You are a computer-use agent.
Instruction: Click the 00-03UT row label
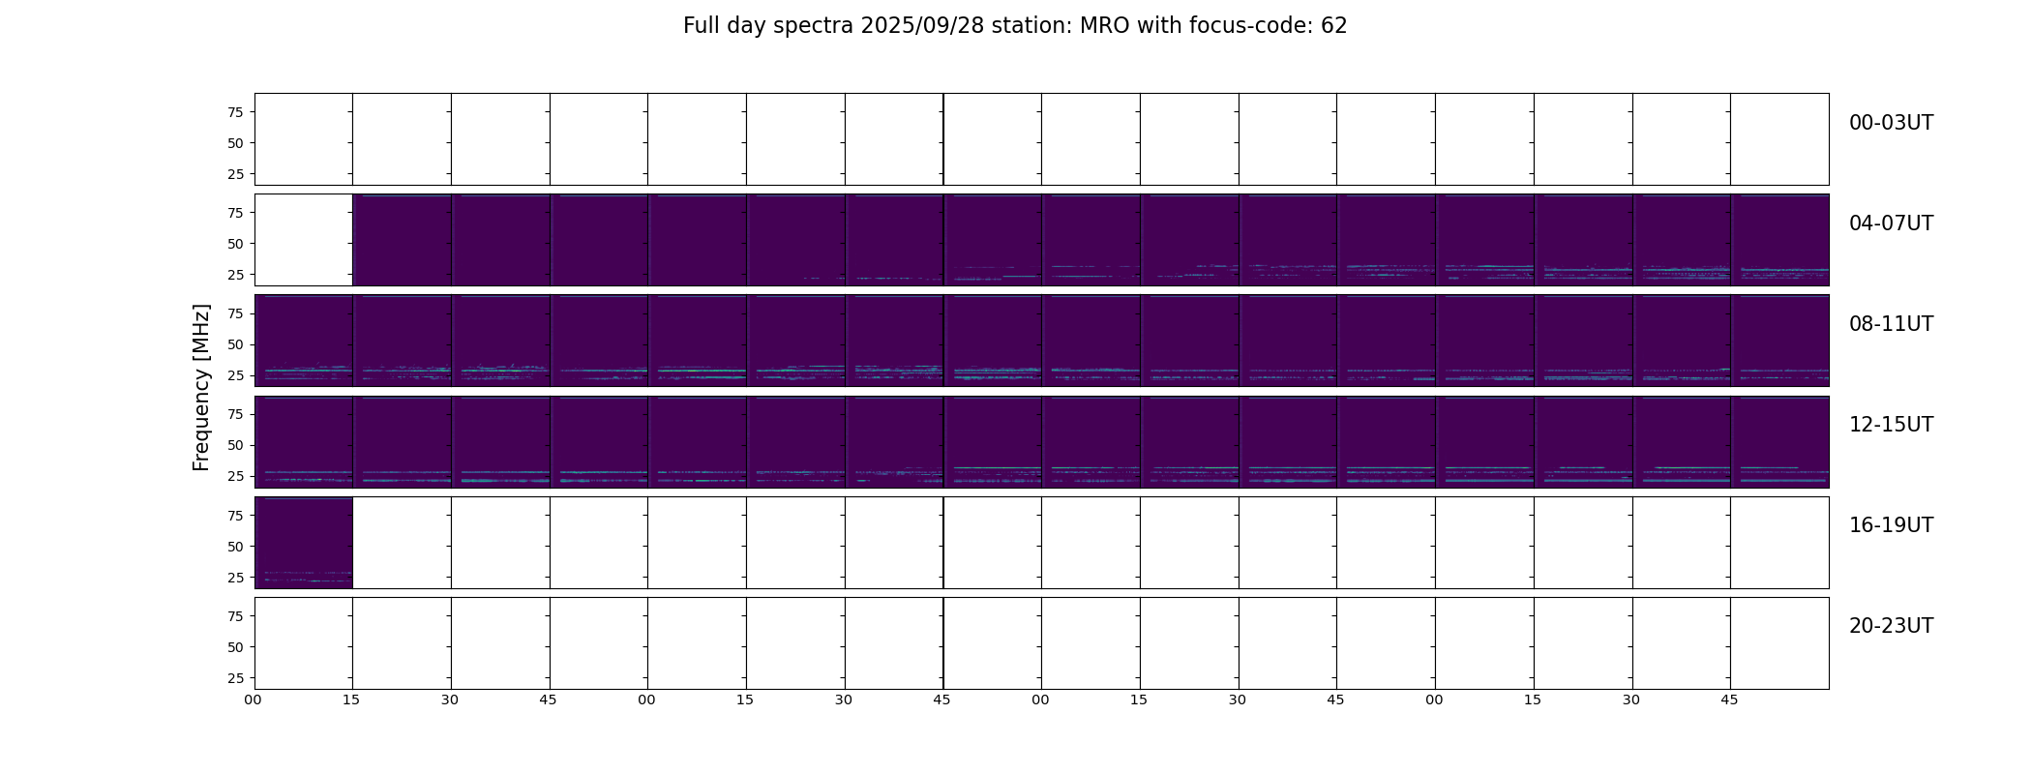tap(1891, 123)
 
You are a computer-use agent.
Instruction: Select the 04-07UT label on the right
tap(1891, 223)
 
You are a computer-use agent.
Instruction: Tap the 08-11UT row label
tap(1891, 324)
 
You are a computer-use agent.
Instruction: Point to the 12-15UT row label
tap(1891, 425)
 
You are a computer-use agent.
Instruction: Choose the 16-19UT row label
tap(1891, 525)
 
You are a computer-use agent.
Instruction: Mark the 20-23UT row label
tap(1891, 626)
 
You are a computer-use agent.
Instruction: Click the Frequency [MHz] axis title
tap(201, 388)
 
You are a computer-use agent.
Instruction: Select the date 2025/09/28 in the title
tap(922, 26)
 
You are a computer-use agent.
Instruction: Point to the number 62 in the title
tap(1334, 26)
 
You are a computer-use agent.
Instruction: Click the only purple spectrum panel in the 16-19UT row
tap(304, 543)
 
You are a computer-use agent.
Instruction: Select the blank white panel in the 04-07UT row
tap(304, 240)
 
